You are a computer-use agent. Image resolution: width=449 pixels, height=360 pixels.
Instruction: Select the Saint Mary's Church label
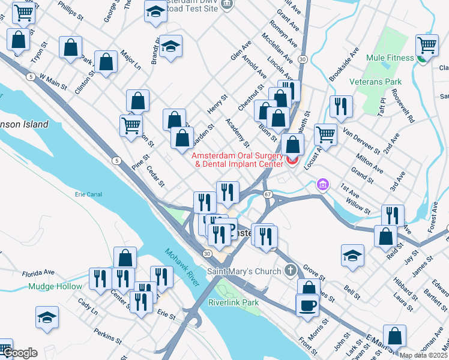click(244, 271)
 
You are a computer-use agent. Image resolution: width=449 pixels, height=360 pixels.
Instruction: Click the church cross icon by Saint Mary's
click(291, 270)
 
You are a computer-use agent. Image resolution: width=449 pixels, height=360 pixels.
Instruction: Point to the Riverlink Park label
click(234, 302)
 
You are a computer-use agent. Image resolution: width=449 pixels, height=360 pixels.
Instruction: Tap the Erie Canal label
click(88, 194)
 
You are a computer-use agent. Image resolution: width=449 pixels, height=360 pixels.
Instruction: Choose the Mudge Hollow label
click(55, 286)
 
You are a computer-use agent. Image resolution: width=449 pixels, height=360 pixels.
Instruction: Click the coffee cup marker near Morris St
click(307, 304)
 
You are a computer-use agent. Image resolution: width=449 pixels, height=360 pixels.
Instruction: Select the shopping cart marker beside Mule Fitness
click(427, 44)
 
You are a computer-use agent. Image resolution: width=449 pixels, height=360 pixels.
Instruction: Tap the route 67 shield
click(268, 194)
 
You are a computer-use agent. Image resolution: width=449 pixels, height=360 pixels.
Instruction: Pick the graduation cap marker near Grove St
click(353, 255)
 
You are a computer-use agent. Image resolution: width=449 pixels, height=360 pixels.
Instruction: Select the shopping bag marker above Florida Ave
click(124, 258)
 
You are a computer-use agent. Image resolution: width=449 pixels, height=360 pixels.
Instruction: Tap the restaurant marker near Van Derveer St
click(341, 106)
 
